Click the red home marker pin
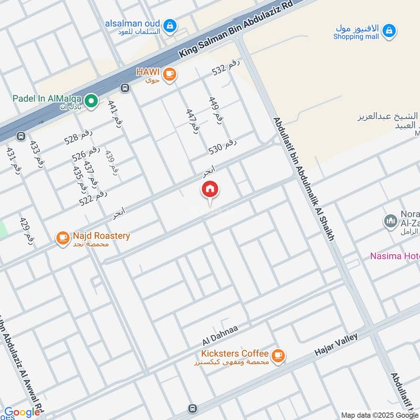(210, 190)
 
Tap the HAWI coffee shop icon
(169, 74)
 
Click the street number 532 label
(226, 68)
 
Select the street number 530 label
(223, 148)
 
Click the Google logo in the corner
(22, 413)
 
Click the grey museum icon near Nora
(390, 222)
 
